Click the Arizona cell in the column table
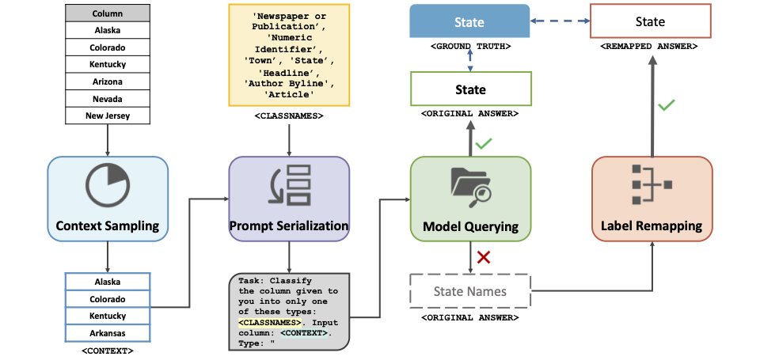point(107,81)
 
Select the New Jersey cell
point(107,116)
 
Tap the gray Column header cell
point(107,13)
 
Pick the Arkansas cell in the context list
point(107,333)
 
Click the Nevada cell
point(107,98)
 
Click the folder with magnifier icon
point(470,187)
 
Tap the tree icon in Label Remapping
point(652,184)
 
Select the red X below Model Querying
point(483,257)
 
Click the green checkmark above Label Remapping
point(667,104)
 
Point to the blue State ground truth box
point(469,21)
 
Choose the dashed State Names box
point(470,290)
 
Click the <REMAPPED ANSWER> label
point(649,47)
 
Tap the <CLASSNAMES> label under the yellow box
point(289,116)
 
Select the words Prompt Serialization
point(289,225)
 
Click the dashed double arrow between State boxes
point(560,21)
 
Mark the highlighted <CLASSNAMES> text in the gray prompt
point(269,323)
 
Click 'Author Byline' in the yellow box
point(289,83)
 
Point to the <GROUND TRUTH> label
point(470,47)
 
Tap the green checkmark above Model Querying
point(484,143)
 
